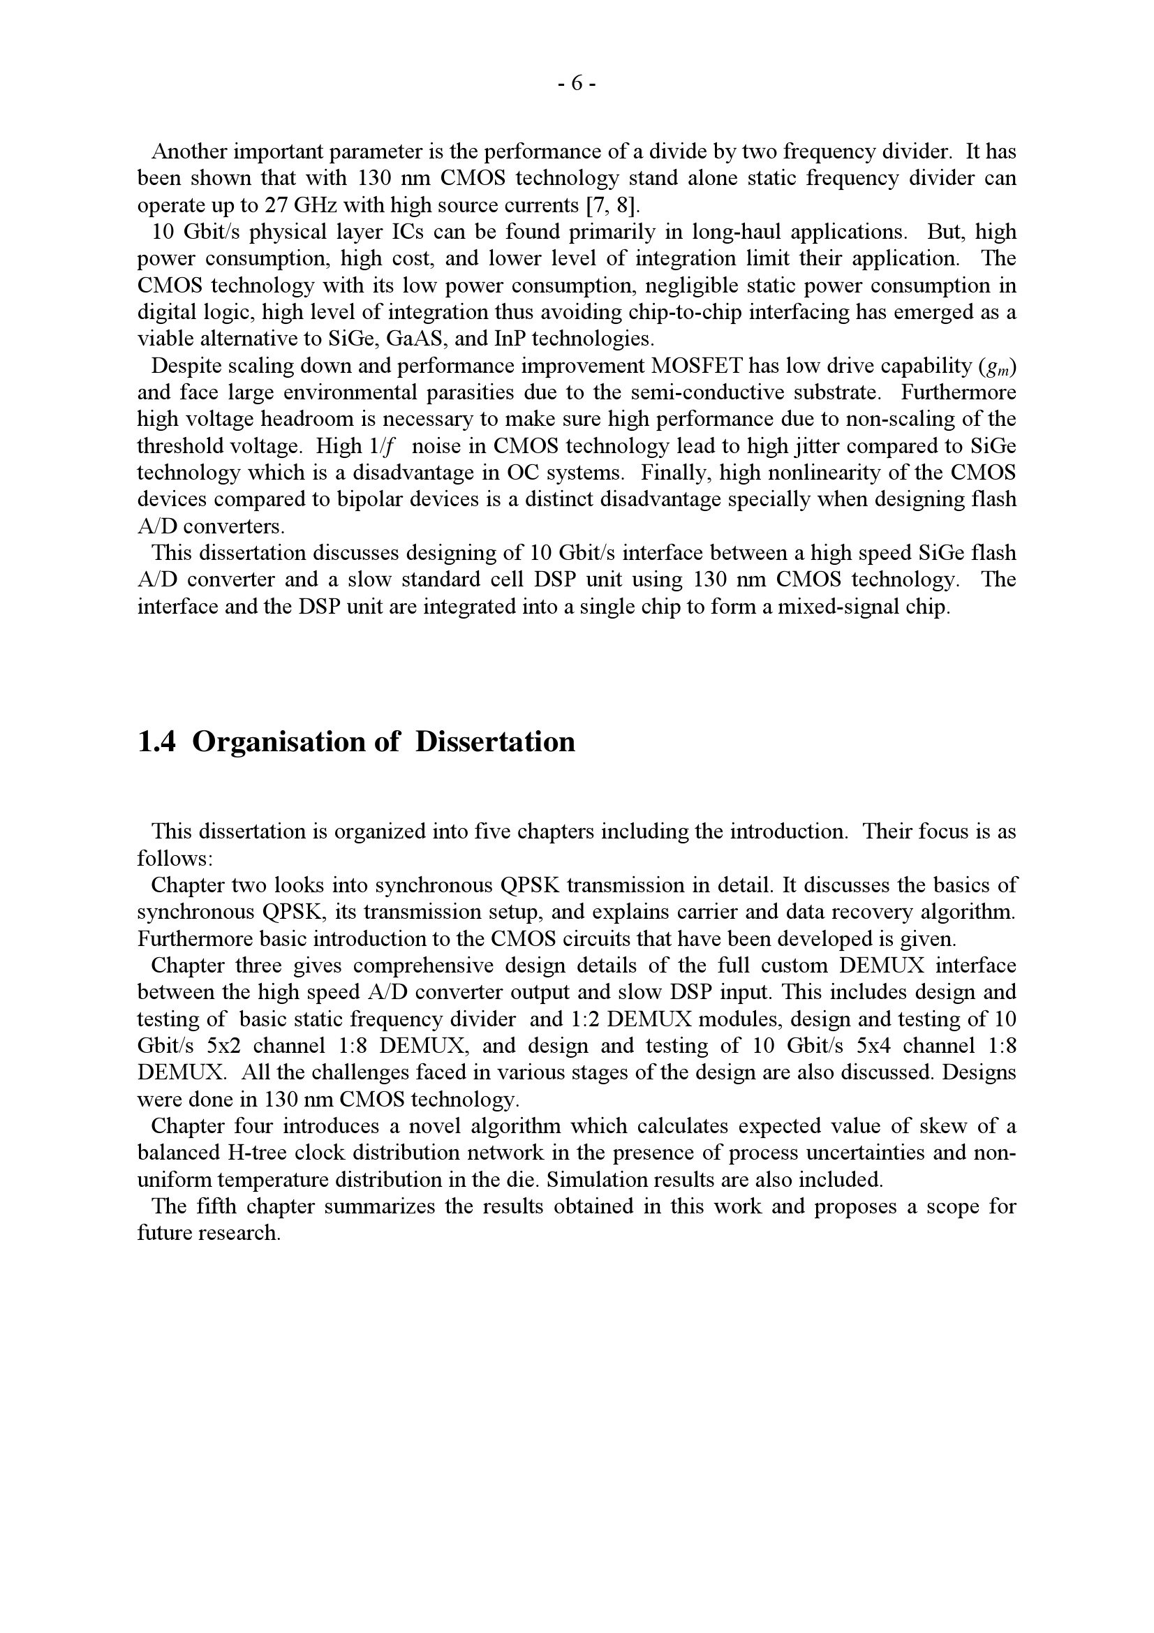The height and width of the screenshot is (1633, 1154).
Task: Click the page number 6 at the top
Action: point(577,84)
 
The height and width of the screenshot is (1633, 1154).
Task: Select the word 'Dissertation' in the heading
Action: point(495,742)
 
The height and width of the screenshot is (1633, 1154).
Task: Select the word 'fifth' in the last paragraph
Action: point(218,1207)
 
